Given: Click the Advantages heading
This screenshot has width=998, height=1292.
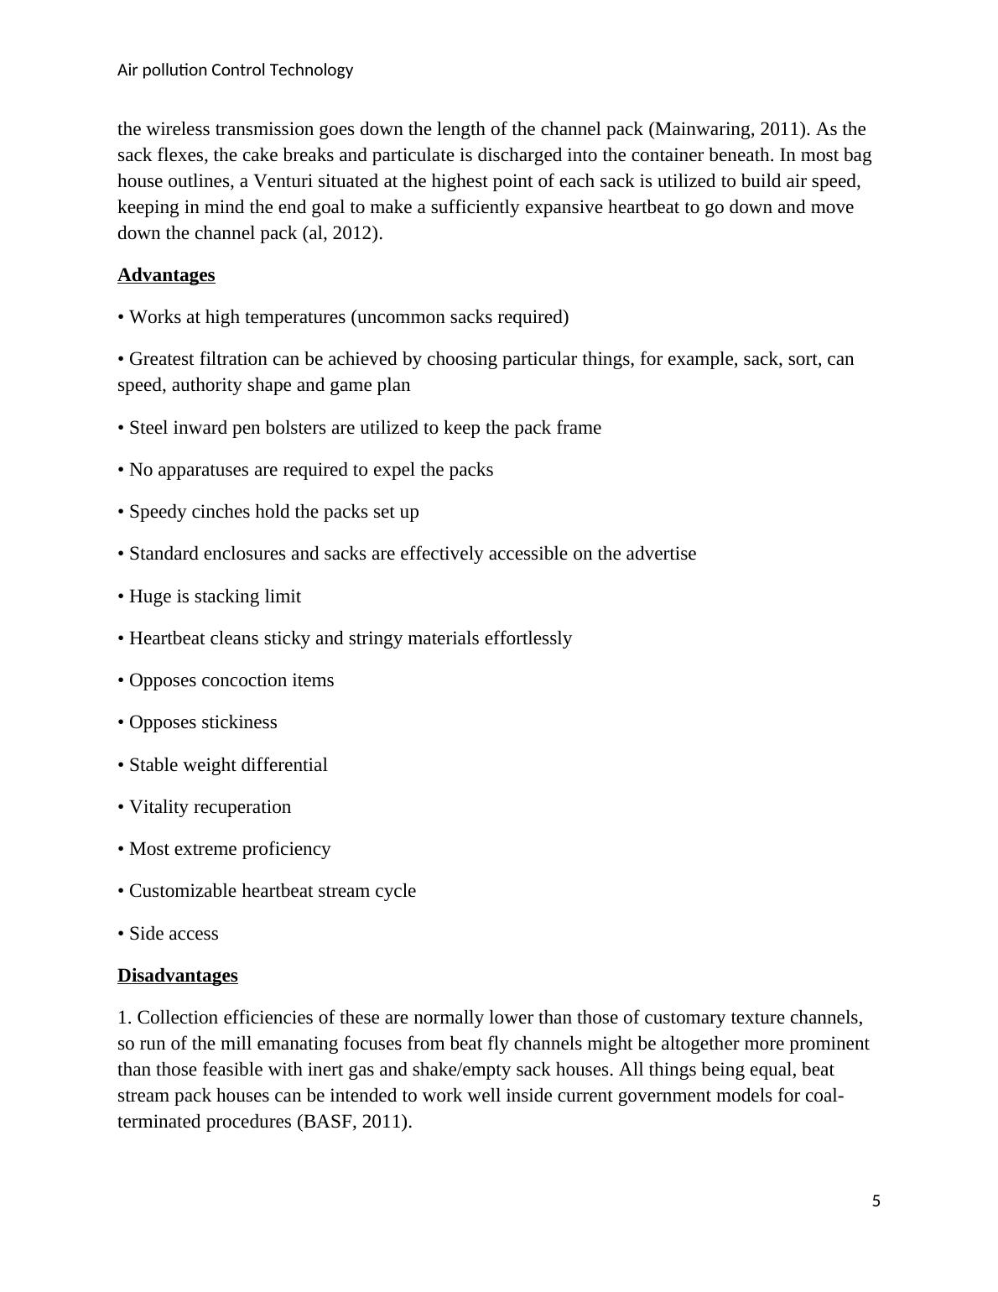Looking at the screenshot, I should pos(166,275).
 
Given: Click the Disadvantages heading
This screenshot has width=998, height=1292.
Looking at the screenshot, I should pos(178,976).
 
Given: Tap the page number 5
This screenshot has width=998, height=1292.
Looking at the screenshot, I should pos(876,1201).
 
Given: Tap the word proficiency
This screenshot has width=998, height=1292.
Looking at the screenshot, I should pos(288,849).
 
